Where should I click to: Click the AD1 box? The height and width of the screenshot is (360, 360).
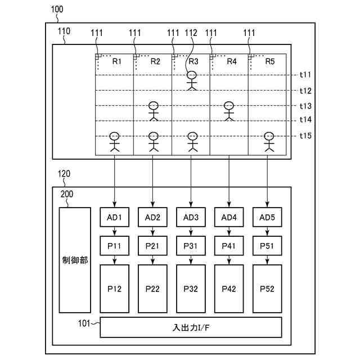coord(114,217)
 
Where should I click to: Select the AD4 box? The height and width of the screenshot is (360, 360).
coord(229,217)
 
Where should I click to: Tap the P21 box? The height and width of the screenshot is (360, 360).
coord(152,246)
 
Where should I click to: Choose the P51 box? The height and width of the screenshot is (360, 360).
coord(267,246)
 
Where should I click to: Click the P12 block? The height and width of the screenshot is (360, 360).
coord(114,289)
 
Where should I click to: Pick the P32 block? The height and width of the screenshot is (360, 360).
coord(191,289)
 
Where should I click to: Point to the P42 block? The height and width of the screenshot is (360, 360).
coord(229,289)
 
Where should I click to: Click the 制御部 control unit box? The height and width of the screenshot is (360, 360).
coord(75,260)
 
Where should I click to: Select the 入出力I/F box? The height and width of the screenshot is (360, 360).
coord(191,327)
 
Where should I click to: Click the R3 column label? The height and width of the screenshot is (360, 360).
coord(193,61)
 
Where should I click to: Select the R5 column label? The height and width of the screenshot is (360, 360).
coord(270,61)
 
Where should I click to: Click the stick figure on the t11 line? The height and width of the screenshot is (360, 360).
coord(192,80)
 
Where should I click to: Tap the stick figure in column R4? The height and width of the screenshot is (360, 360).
coord(228,111)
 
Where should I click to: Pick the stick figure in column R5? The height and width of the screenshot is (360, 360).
coord(268,142)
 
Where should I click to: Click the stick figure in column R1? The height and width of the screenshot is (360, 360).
coord(115,142)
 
